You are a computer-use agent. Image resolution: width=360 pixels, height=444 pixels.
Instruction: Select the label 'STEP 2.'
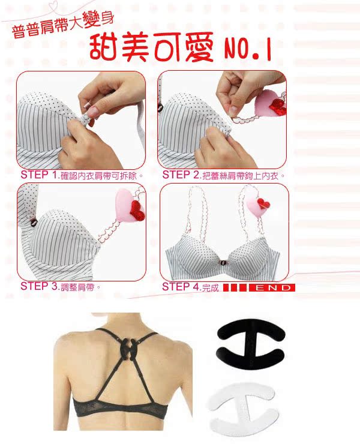click(x=181, y=175)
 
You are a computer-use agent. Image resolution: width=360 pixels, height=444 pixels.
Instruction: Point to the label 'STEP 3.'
click(x=38, y=286)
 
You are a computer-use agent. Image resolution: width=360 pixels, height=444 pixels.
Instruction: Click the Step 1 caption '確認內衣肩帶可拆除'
click(x=102, y=176)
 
